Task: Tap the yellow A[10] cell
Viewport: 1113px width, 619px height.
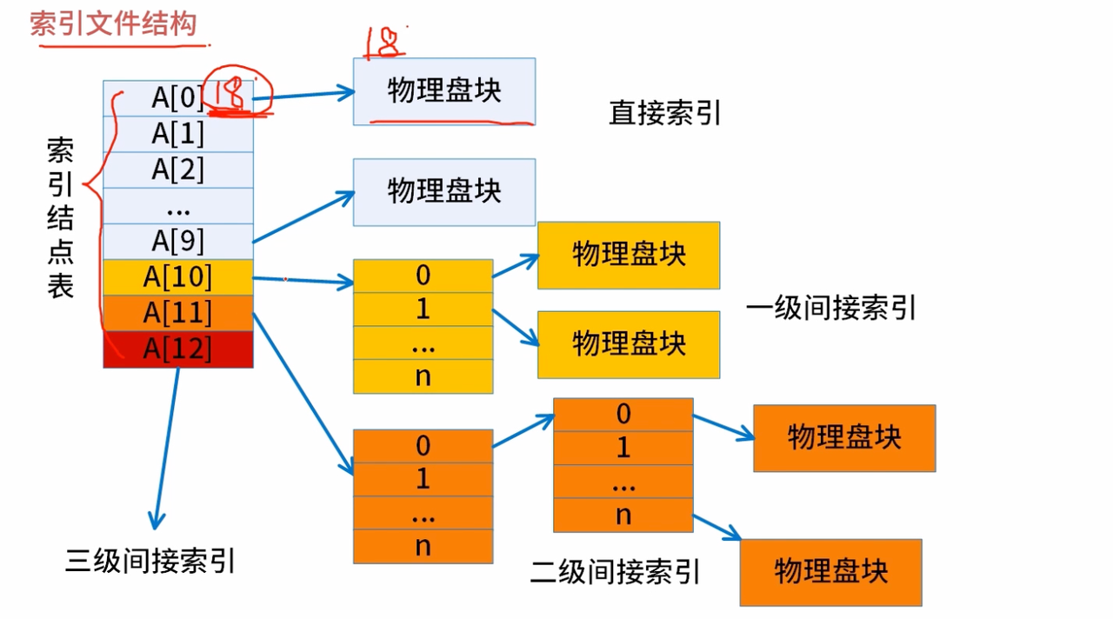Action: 177,277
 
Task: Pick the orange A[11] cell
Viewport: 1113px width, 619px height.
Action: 177,312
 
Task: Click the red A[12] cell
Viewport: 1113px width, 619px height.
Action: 177,349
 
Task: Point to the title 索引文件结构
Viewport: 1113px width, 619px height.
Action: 112,23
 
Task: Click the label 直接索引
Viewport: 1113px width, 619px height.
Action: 665,114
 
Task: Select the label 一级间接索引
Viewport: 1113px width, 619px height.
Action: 830,308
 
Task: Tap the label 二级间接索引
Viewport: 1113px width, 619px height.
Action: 615,572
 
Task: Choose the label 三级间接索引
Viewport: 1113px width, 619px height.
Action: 150,562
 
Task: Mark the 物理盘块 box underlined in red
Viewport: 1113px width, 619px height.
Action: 443,91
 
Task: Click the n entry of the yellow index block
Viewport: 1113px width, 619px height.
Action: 423,377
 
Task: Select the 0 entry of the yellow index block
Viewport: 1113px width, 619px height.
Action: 423,276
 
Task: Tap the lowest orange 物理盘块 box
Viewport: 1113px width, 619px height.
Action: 830,572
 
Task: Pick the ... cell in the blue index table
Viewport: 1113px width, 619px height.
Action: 177,206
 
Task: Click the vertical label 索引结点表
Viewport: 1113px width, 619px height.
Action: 60,217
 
